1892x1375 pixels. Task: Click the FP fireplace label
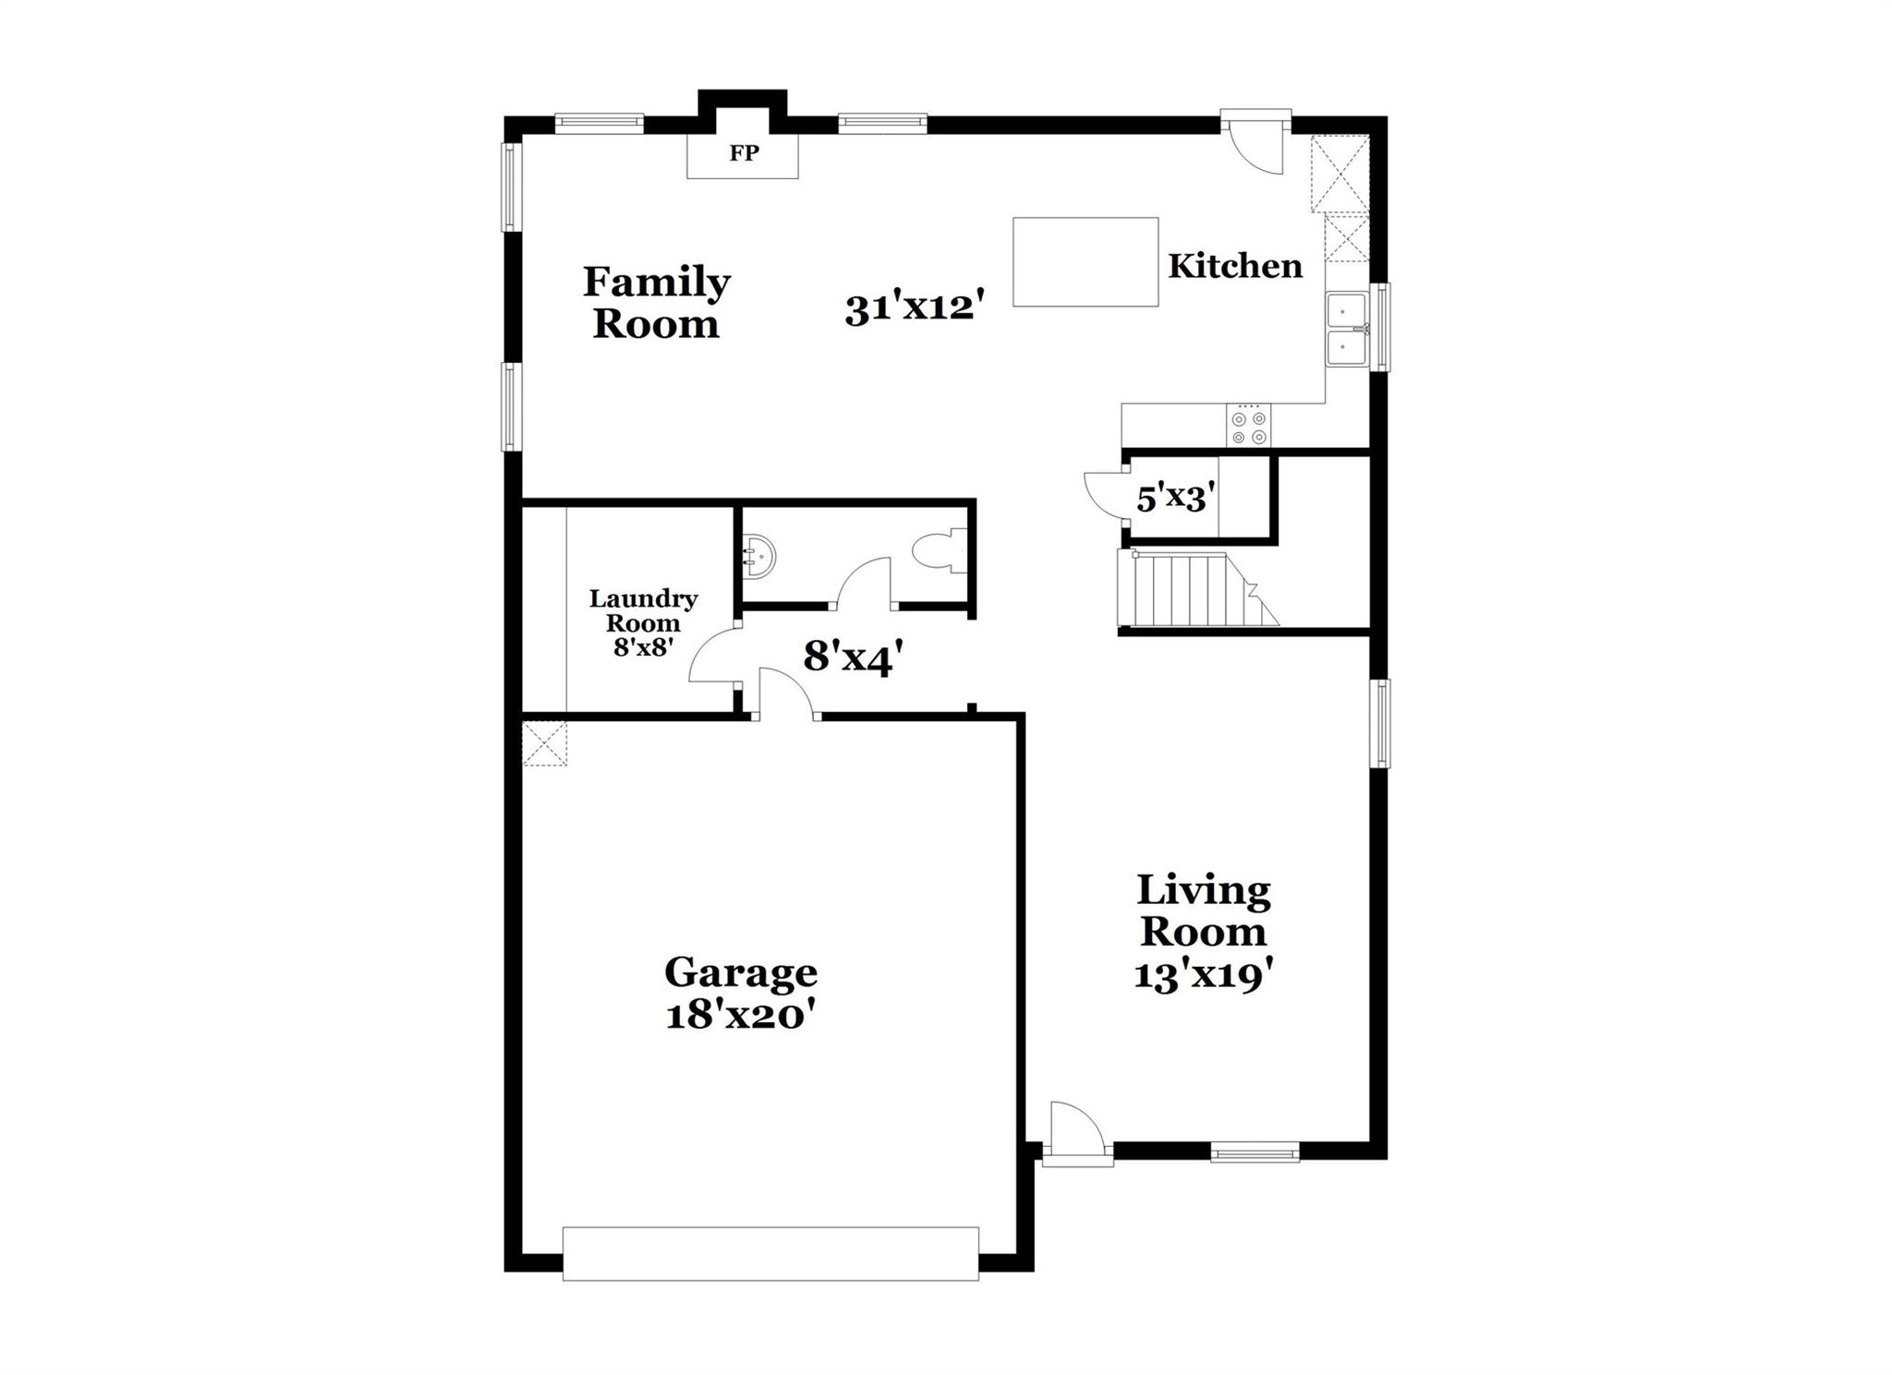click(744, 153)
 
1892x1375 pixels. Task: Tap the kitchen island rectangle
click(1085, 262)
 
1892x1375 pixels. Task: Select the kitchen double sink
click(1347, 330)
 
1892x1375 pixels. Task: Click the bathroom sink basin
click(759, 556)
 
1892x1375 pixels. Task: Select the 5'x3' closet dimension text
click(1174, 500)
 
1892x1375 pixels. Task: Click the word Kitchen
click(1235, 267)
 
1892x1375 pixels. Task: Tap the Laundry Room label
click(643, 611)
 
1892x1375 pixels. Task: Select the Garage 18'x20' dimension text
click(741, 1017)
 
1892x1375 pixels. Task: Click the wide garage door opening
click(770, 1253)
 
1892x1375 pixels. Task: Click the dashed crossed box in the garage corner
click(544, 743)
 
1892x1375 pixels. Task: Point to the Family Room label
click(656, 303)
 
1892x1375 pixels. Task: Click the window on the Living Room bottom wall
click(1255, 1152)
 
